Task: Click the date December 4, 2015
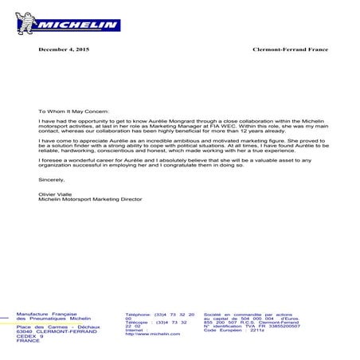coord(65,50)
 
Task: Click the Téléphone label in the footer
coord(139,315)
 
